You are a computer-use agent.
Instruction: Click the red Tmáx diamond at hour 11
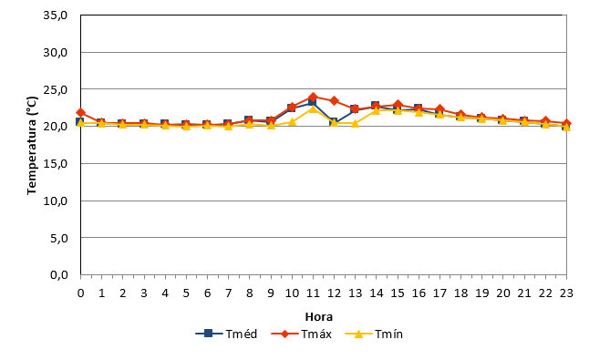coord(313,98)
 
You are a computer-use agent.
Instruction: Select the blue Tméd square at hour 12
coord(334,122)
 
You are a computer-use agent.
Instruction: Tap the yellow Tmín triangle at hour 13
coord(356,124)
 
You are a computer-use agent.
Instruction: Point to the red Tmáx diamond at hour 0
coord(81,113)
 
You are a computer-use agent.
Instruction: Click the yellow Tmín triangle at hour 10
coord(292,122)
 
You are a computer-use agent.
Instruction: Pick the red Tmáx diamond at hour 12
coord(334,101)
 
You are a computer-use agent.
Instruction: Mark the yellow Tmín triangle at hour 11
coord(313,108)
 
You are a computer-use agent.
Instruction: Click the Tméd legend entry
coord(226,334)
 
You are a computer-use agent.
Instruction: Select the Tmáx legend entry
coord(302,334)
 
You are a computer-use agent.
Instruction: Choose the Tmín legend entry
coord(374,334)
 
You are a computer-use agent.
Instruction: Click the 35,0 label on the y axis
coord(56,15)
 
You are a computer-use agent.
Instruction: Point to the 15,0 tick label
coord(56,164)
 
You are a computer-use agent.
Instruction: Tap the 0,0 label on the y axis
coord(59,275)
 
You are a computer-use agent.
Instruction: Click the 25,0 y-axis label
coord(56,89)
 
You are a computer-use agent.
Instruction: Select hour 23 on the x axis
coord(566,293)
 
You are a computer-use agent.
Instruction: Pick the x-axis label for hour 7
coord(228,293)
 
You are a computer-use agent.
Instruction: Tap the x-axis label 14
coord(377,293)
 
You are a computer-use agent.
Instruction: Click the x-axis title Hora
coord(319,317)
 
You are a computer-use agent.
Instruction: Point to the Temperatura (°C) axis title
coord(32,146)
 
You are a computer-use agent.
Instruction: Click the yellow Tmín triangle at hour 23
coord(566,127)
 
